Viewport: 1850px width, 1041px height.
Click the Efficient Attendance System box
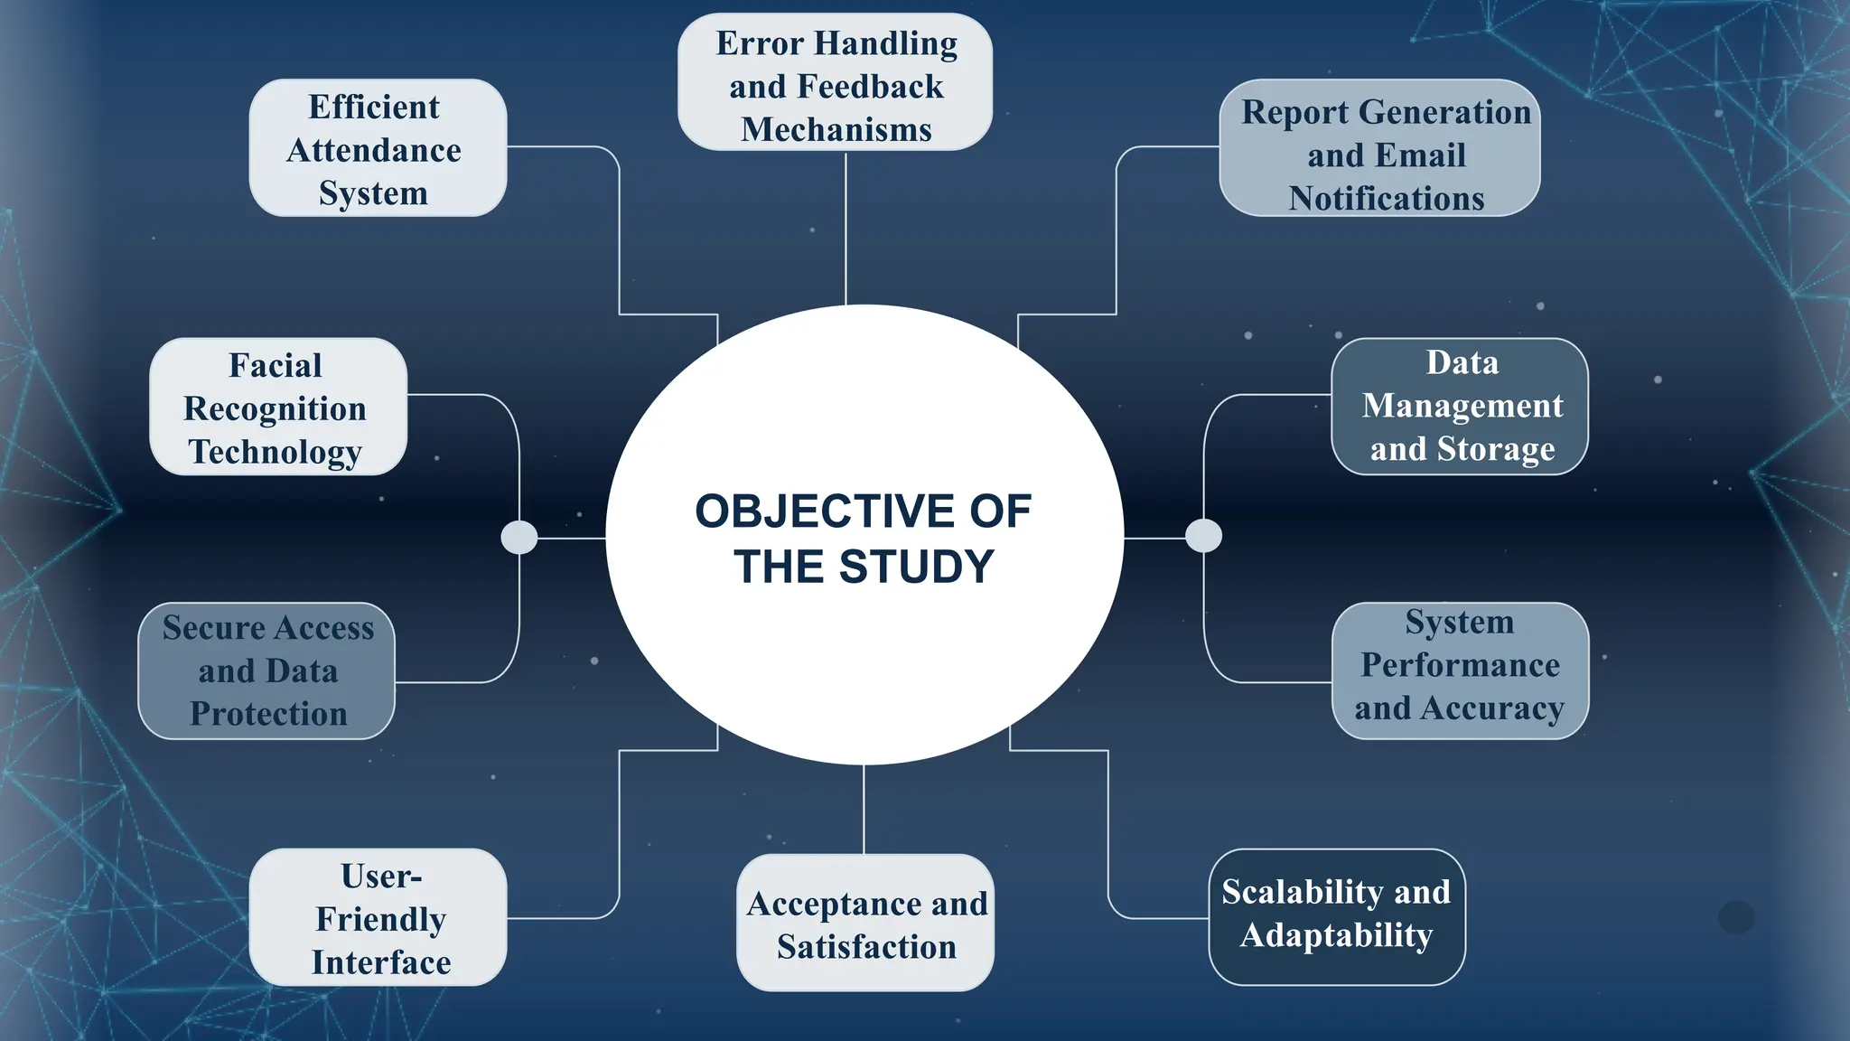(378, 148)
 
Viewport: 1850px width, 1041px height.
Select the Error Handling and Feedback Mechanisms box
(835, 83)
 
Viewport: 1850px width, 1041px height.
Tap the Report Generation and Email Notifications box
(1379, 148)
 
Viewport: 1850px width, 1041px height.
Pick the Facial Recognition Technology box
(278, 407)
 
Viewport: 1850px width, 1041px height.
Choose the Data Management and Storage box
(1460, 407)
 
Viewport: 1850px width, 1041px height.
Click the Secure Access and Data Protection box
(266, 671)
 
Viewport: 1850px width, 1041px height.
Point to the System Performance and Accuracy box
(1460, 671)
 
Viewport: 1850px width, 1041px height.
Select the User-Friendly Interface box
(378, 917)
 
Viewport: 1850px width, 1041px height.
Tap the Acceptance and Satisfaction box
(865, 923)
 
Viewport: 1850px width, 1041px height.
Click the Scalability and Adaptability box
(1337, 916)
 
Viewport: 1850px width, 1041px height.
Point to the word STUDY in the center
(916, 567)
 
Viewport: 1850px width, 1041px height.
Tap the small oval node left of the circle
(519, 537)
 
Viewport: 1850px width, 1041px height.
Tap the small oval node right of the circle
(1203, 536)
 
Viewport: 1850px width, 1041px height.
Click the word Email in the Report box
(1421, 155)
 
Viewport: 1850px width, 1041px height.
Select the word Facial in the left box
(275, 366)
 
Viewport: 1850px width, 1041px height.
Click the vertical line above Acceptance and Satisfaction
(864, 810)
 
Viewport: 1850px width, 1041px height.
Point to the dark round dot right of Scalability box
(1735, 917)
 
